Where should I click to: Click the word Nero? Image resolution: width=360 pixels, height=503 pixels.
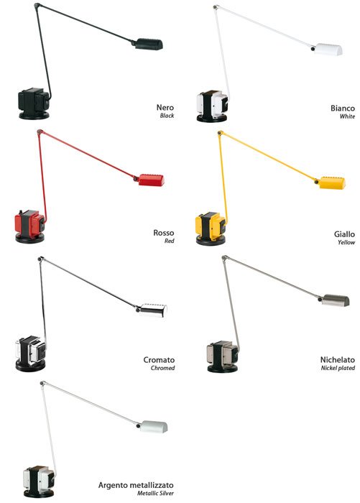165,108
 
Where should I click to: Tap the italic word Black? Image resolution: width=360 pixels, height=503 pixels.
167,116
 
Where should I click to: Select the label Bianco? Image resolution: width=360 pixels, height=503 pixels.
343,108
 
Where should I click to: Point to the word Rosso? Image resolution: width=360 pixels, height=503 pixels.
164,233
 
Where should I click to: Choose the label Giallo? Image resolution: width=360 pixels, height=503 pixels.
344,234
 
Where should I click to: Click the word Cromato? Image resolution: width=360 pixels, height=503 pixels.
159,360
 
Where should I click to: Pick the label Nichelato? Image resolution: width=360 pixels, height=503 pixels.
338,359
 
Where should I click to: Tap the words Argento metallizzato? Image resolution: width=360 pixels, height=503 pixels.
136,485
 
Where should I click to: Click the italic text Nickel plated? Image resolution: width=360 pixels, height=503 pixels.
338,368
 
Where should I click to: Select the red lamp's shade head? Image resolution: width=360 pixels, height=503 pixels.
151,180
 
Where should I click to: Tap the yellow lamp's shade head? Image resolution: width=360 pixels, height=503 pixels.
332,183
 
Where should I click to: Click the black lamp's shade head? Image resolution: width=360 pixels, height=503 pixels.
149,45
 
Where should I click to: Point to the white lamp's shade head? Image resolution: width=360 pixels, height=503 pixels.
328,50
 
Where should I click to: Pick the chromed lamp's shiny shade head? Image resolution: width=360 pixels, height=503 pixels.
153,310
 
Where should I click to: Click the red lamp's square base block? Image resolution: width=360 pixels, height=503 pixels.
29,222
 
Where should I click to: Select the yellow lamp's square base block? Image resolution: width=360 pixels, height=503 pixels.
211,224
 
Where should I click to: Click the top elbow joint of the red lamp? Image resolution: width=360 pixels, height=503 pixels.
40,131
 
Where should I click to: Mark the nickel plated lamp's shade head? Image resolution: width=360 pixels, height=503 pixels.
336,300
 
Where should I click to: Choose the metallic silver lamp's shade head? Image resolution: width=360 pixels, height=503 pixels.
154,427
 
